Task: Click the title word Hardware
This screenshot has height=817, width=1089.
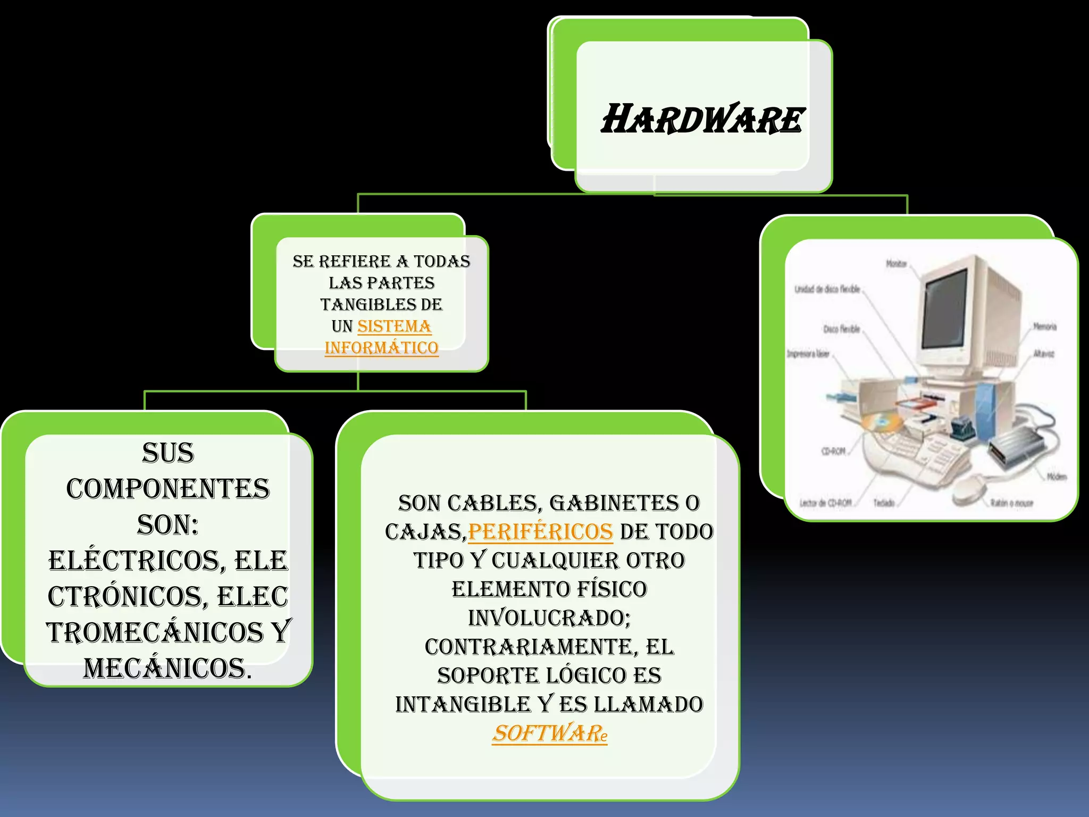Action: (702, 119)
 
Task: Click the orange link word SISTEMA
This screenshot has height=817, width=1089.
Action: (394, 326)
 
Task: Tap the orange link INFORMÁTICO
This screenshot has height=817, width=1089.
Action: (381, 348)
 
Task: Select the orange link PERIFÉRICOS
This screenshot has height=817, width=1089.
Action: (540, 532)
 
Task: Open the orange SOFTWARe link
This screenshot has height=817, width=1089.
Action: (549, 733)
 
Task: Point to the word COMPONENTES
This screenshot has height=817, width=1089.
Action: (168, 489)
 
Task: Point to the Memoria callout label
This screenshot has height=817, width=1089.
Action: (1044, 327)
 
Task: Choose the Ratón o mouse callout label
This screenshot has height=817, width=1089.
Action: (1012, 503)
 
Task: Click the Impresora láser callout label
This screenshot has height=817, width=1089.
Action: (808, 354)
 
